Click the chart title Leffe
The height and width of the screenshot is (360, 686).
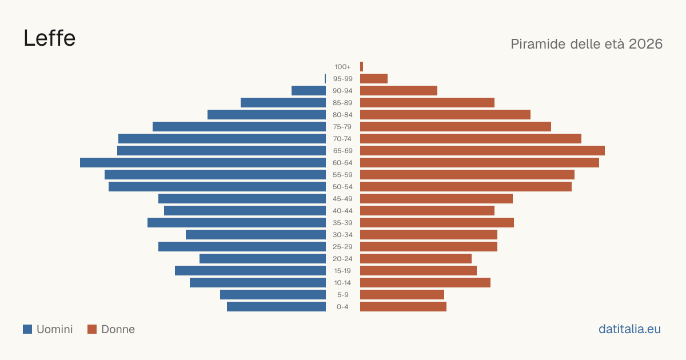[x=49, y=38]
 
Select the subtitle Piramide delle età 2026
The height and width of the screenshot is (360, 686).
[x=587, y=44]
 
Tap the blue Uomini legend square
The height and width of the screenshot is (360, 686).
[x=27, y=329]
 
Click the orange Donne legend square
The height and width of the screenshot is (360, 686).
[x=92, y=329]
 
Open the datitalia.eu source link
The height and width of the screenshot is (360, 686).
[x=629, y=329]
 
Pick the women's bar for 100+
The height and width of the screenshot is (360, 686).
[x=361, y=67]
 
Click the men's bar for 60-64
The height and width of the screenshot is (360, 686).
[x=203, y=162]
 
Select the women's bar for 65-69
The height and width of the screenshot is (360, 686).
[x=482, y=151]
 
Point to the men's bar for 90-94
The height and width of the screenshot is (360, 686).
[x=309, y=91]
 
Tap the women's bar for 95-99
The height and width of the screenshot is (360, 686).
[x=374, y=79]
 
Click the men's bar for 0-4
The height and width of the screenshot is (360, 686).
[x=276, y=307]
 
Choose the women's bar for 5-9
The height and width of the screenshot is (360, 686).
[x=402, y=295]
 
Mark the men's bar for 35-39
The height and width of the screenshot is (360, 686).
[x=237, y=222]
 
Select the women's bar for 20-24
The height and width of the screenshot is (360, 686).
[x=416, y=259]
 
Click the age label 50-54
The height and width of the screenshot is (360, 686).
[x=342, y=187]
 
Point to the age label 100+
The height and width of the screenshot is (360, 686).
[x=342, y=67]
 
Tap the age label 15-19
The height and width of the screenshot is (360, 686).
[x=342, y=271]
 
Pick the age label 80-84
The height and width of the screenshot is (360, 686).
[x=342, y=115]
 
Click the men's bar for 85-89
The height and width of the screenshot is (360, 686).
[x=284, y=102]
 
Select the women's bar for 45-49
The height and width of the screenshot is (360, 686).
[x=436, y=199]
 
